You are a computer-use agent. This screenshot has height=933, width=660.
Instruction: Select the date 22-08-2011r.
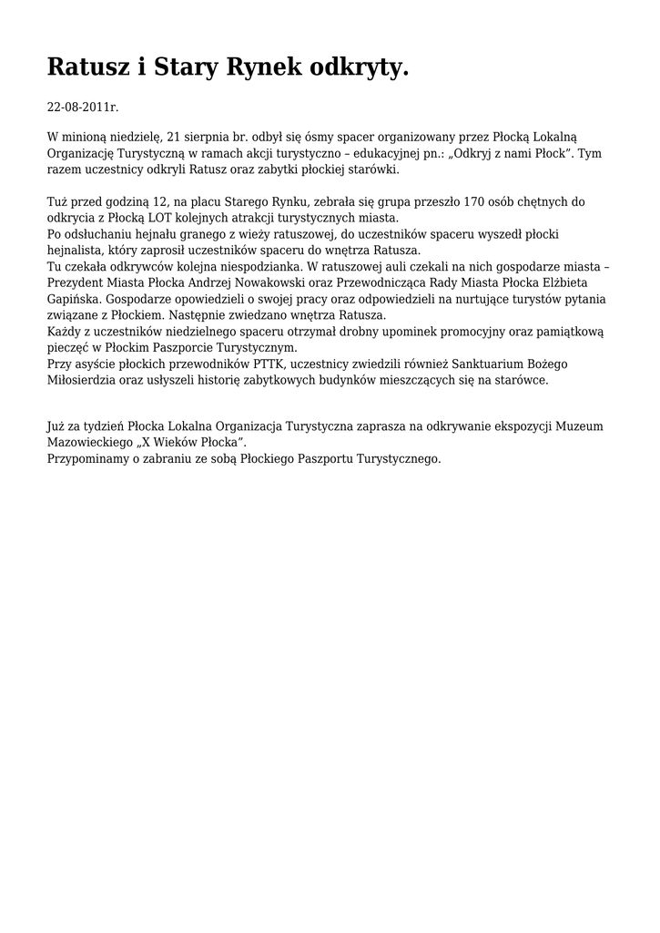[x=83, y=108]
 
